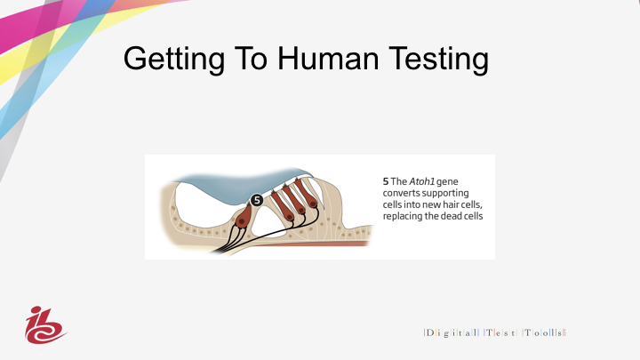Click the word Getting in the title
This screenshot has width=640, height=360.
click(174, 60)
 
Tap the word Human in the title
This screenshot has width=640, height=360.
click(328, 59)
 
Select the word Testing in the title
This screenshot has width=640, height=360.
click(439, 60)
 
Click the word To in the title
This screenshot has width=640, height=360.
click(251, 59)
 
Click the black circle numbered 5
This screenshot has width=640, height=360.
click(256, 200)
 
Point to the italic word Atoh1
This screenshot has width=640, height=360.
click(421, 181)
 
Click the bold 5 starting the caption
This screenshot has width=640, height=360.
click(386, 181)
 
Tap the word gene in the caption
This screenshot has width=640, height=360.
click(447, 182)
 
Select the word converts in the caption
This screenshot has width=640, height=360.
click(401, 193)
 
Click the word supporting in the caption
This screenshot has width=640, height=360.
click(445, 194)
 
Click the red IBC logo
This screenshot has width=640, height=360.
click(44, 325)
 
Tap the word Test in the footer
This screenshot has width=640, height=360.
click(500, 332)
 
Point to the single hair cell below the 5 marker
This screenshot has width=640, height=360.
click(244, 215)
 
